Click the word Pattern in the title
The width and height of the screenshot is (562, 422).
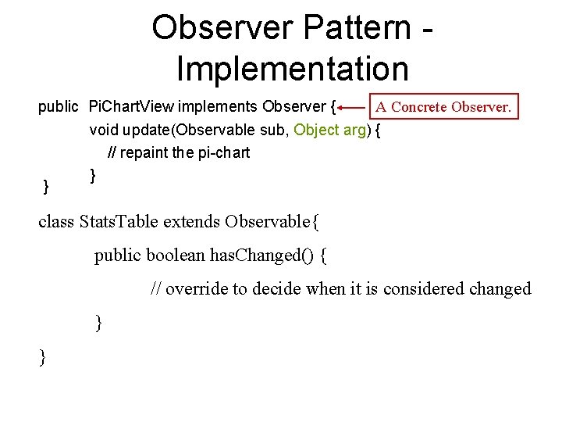pyautogui.click(x=358, y=28)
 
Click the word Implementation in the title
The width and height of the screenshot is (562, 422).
pyautogui.click(x=293, y=68)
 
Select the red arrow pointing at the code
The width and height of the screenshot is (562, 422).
pyautogui.click(x=352, y=107)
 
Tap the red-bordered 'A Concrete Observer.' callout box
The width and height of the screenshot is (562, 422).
pyautogui.click(x=443, y=106)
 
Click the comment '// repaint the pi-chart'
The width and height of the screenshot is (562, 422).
pyautogui.click(x=179, y=152)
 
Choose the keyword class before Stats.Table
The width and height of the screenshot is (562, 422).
pyautogui.click(x=56, y=222)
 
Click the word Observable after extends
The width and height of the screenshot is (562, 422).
pyautogui.click(x=269, y=222)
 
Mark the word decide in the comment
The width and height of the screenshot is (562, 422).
pyautogui.click(x=277, y=288)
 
